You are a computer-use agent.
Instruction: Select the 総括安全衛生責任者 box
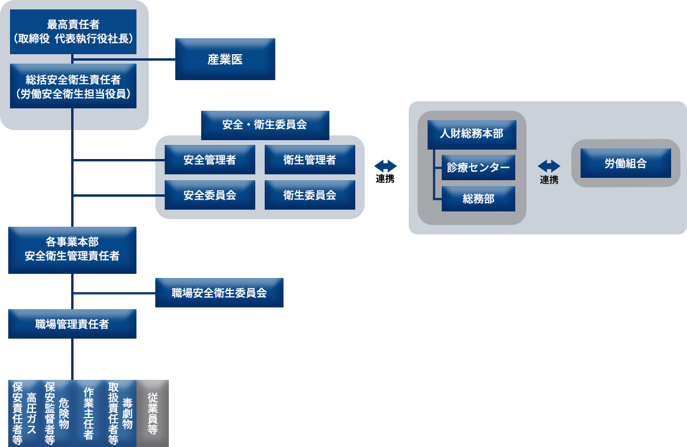tap(73, 86)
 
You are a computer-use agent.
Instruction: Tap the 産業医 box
tap(225, 59)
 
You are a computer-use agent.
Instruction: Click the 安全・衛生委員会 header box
tap(265, 125)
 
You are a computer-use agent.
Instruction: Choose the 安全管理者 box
tap(210, 160)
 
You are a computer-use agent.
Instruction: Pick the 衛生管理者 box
tap(310, 160)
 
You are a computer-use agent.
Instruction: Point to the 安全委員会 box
tap(210, 195)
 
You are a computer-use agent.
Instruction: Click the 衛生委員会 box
tap(310, 195)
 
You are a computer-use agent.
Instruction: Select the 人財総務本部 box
tap(472, 134)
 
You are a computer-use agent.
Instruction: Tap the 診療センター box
tap(478, 167)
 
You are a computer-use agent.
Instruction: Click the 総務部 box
tap(478, 199)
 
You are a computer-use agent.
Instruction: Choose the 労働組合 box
tap(625, 163)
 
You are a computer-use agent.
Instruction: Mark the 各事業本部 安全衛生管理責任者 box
tap(72, 249)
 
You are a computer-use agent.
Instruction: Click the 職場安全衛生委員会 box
tap(219, 293)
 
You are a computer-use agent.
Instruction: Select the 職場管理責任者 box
tap(72, 324)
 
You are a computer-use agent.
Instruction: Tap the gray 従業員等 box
tap(152, 413)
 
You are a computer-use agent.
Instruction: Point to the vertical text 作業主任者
tap(89, 413)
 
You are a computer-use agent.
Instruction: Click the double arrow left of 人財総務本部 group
tap(385, 166)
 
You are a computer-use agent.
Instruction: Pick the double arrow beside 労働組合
tap(549, 167)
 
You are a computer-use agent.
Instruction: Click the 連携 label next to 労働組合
tap(549, 180)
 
